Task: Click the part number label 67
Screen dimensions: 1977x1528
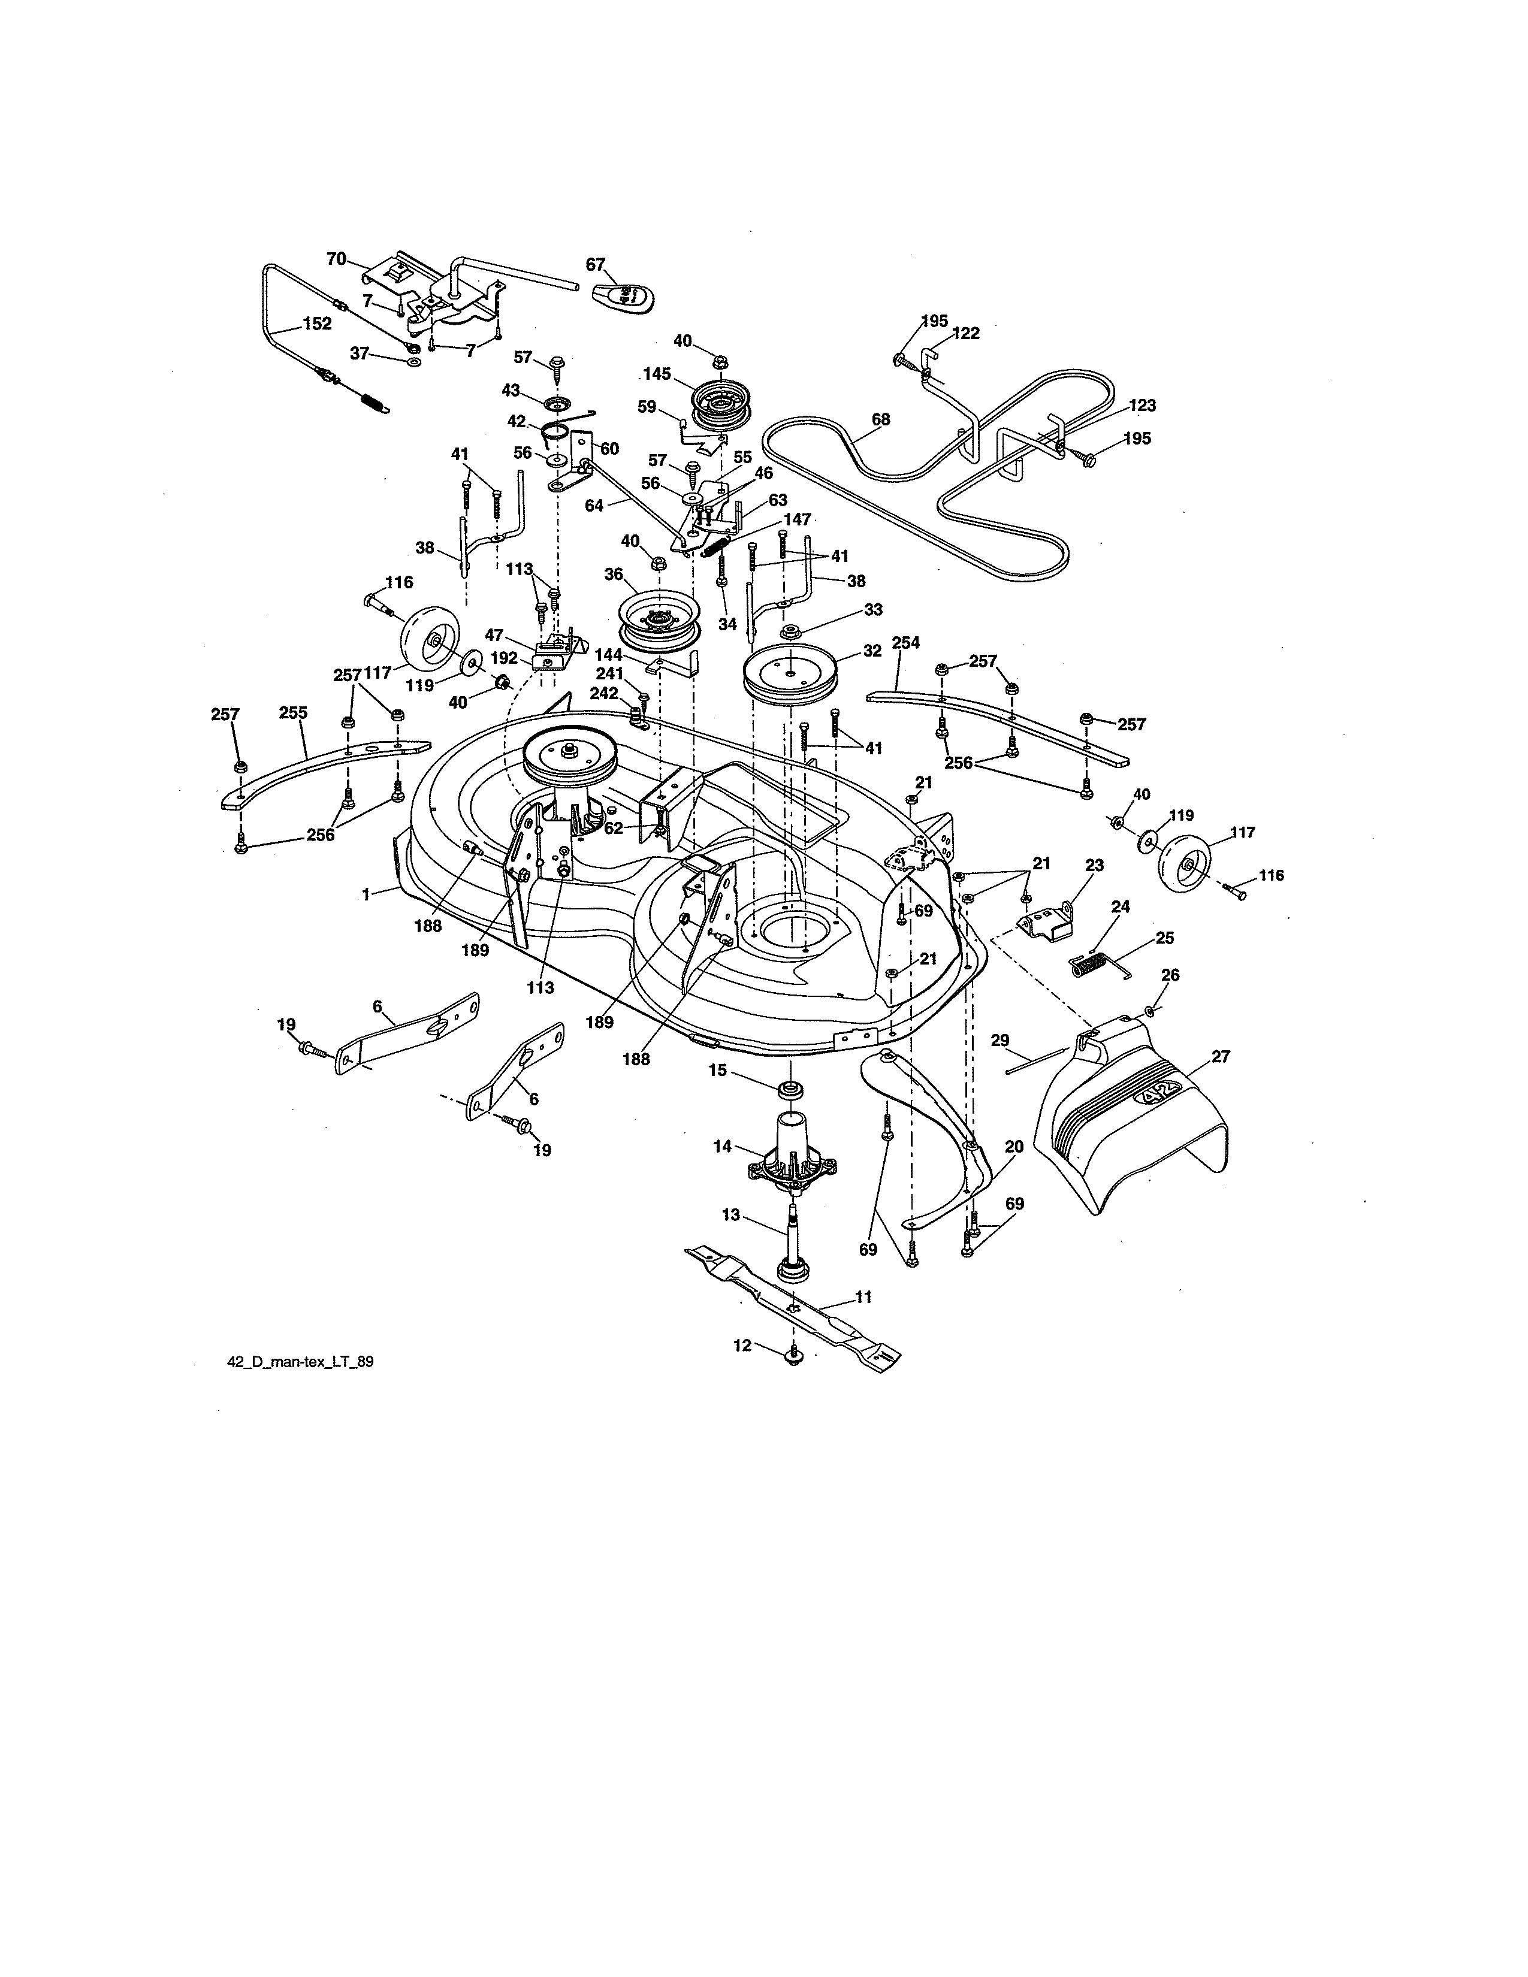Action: (x=595, y=264)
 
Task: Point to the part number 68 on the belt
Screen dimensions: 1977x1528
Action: (x=880, y=419)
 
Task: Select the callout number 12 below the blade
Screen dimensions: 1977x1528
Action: (x=742, y=1371)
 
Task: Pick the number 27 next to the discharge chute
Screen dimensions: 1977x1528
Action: (x=1220, y=1056)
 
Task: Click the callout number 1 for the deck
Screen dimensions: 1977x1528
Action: (x=366, y=894)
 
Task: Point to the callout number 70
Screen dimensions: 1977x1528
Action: (x=336, y=259)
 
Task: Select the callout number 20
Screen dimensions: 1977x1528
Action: (x=1014, y=1147)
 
